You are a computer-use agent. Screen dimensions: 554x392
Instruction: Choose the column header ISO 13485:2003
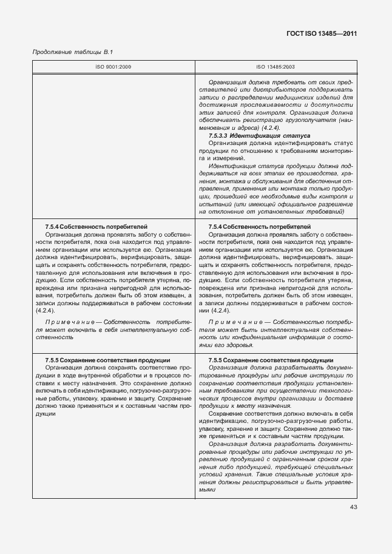[275, 67]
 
